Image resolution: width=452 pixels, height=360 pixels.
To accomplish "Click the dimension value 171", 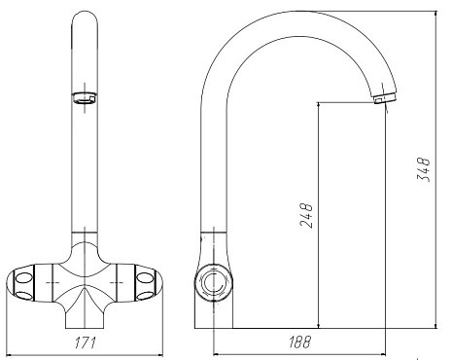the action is (86, 342).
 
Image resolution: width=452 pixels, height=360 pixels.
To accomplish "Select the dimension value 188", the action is (299, 342).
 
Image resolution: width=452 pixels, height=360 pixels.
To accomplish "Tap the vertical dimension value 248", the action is (306, 216).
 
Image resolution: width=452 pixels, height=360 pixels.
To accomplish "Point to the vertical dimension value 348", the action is (424, 169).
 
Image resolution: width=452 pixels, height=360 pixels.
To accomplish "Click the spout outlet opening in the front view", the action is (85, 98).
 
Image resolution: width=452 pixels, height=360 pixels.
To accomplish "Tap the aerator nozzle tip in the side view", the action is (385, 98).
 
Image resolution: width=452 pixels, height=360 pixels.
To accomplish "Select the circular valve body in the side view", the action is (214, 282).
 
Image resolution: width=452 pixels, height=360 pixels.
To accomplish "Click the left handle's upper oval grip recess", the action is (24, 278).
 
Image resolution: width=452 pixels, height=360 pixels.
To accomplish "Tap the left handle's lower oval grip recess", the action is (23, 295).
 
